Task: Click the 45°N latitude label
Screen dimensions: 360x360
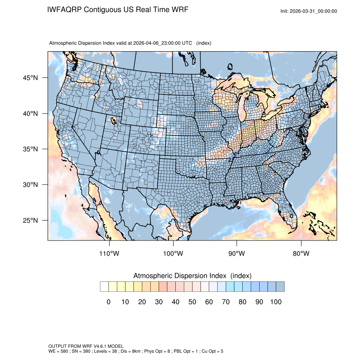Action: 30,78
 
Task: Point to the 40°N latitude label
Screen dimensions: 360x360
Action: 30,114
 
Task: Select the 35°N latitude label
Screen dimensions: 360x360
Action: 30,149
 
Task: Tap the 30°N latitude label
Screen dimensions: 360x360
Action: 30,185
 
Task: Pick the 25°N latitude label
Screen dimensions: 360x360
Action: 30,220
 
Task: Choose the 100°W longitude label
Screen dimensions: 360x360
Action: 173,254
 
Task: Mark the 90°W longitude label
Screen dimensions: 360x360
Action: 237,254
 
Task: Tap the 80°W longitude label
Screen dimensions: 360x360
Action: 301,254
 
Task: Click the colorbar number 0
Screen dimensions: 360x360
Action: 108,302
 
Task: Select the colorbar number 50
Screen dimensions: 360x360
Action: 192,302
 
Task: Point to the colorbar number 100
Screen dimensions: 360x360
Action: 276,302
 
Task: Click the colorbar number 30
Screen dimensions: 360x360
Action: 159,302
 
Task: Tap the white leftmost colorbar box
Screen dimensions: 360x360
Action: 104,287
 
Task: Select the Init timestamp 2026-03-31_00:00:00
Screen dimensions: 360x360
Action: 314,11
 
